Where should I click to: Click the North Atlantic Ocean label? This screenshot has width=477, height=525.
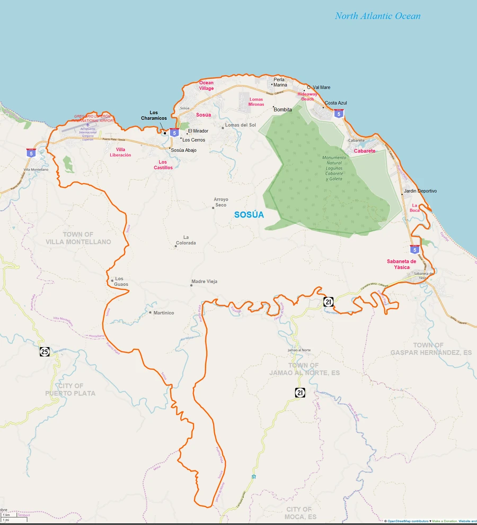(377, 16)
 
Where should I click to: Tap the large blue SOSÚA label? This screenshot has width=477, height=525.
(249, 215)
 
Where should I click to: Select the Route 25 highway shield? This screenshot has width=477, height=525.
(45, 351)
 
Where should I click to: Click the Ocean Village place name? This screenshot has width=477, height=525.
(206, 86)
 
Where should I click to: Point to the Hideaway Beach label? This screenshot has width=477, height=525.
(307, 96)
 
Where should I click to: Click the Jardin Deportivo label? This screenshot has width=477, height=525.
(420, 191)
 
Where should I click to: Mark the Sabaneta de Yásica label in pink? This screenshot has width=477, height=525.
(405, 264)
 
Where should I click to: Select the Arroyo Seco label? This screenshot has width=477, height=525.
(220, 202)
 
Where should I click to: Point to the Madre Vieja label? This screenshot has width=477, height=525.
(204, 282)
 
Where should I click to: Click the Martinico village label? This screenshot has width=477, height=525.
(164, 313)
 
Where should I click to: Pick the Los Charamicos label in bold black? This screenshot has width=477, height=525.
(154, 115)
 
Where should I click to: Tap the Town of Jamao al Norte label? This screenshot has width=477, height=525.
(311, 369)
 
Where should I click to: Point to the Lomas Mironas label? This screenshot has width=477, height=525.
(256, 102)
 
